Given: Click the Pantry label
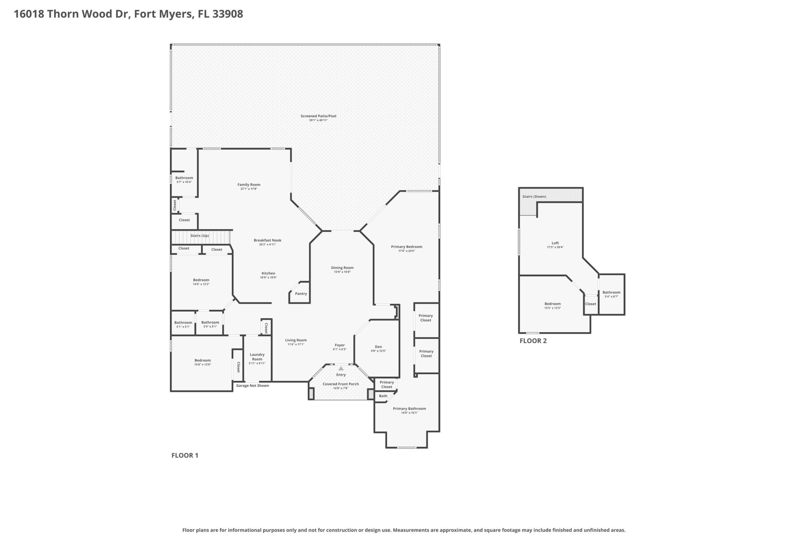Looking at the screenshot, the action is click(x=301, y=293).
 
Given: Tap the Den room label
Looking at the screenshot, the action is click(x=378, y=347).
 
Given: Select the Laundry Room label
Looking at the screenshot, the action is click(x=257, y=357).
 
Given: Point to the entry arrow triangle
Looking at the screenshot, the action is click(x=341, y=369).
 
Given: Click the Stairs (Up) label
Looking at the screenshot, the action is click(x=200, y=236).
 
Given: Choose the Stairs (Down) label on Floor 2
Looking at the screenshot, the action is click(x=534, y=197).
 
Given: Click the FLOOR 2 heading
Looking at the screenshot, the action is click(x=533, y=341).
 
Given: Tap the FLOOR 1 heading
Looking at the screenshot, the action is click(x=185, y=455).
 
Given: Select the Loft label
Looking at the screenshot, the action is click(x=555, y=243).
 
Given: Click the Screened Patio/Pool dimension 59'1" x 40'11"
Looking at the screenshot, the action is click(x=319, y=120).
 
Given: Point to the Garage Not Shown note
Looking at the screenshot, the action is click(x=252, y=385).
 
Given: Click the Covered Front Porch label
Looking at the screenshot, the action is click(x=341, y=384).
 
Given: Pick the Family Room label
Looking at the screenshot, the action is click(x=249, y=185).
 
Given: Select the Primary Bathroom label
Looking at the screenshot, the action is click(x=409, y=408).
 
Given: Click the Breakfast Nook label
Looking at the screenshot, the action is click(x=267, y=240).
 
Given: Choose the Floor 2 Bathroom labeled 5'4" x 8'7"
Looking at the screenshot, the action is click(x=611, y=292).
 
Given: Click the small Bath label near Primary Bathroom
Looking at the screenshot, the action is click(x=383, y=396).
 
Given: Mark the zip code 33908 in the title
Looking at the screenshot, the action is click(x=228, y=14).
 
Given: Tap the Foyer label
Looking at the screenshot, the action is click(x=339, y=345).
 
